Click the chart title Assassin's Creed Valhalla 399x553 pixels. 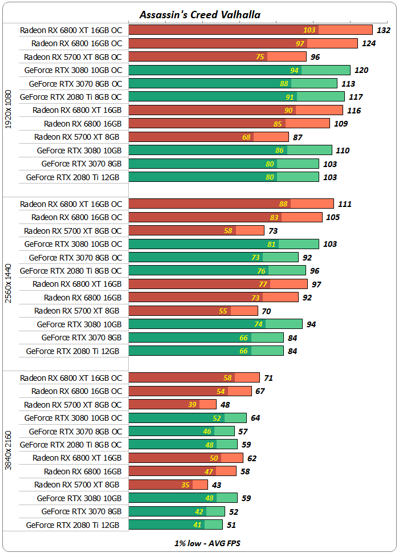coord(199,14)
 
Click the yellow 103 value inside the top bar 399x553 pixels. coord(310,30)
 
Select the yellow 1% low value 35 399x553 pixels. coord(185,485)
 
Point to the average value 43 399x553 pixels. coord(217,485)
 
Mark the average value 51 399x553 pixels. coord(231,525)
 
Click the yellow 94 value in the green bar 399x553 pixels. coord(294,70)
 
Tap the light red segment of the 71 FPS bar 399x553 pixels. coord(247,377)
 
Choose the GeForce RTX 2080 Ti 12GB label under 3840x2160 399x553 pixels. coord(73,525)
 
